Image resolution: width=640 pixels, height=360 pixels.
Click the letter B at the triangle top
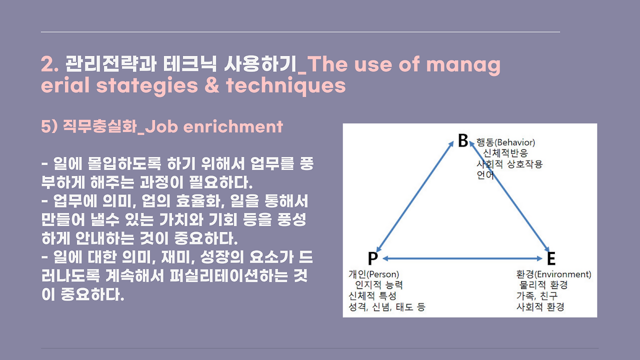click(463, 140)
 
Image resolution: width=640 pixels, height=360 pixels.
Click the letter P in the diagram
click(372, 258)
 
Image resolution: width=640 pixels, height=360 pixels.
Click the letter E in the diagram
click(551, 258)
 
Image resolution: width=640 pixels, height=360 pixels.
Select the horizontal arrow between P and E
click(462, 258)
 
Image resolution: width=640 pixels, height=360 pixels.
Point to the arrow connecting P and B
click(415, 197)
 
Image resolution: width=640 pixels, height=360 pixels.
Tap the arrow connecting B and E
click(509, 197)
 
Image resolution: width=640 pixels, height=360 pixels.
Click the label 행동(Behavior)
click(505, 142)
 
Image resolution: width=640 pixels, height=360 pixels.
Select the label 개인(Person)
click(373, 274)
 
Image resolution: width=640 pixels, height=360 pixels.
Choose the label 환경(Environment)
click(553, 274)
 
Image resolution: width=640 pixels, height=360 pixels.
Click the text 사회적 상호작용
click(509, 164)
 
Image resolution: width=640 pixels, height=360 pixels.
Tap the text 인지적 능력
click(379, 285)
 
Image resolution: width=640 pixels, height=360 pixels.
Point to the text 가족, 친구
click(537, 295)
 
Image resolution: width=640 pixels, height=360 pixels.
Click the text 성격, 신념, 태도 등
click(387, 307)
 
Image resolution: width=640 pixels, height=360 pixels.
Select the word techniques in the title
click(285, 85)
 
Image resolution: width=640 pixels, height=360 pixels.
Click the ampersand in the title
click(211, 85)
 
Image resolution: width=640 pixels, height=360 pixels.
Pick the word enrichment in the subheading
click(233, 126)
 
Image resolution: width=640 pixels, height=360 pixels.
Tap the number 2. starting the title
click(50, 64)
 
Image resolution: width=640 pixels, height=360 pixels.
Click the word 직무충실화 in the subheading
click(99, 126)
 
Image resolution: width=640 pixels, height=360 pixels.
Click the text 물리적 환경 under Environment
click(543, 285)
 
